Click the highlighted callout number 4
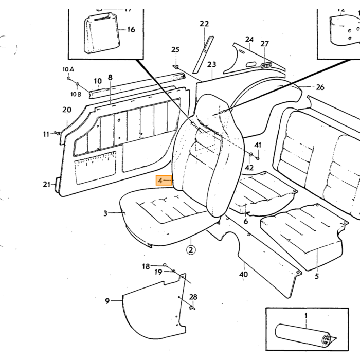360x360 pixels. click(x=160, y=181)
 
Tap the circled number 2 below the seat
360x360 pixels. click(x=191, y=250)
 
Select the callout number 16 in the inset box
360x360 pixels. click(x=131, y=30)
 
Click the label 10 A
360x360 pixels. click(x=68, y=69)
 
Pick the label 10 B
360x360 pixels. click(x=76, y=94)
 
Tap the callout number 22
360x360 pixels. click(x=204, y=24)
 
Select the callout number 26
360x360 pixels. click(x=320, y=87)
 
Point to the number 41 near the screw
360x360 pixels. click(x=258, y=145)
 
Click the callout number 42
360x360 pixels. click(x=249, y=168)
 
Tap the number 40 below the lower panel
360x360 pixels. click(x=243, y=274)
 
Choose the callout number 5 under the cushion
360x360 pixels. click(x=317, y=276)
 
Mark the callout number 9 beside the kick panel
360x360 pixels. click(x=107, y=301)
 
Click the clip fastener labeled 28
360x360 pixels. click(x=192, y=308)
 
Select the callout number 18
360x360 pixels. click(x=146, y=266)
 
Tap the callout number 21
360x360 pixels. click(x=47, y=184)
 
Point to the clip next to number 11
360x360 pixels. click(x=57, y=133)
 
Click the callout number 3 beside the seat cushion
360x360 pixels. click(x=105, y=213)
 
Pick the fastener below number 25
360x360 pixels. click(x=176, y=67)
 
